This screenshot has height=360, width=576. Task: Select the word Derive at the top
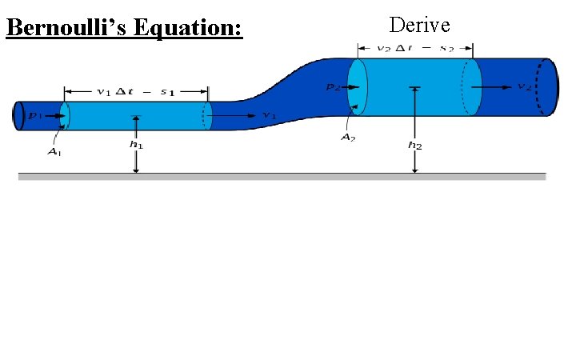419,25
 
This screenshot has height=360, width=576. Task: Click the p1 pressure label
34,116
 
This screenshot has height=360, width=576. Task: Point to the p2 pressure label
335,88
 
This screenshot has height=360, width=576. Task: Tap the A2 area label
347,138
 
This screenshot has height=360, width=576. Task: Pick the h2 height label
414,145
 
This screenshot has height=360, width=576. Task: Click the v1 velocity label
269,116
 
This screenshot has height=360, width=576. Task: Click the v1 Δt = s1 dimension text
136,90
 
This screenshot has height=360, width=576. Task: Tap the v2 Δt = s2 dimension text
416,49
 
